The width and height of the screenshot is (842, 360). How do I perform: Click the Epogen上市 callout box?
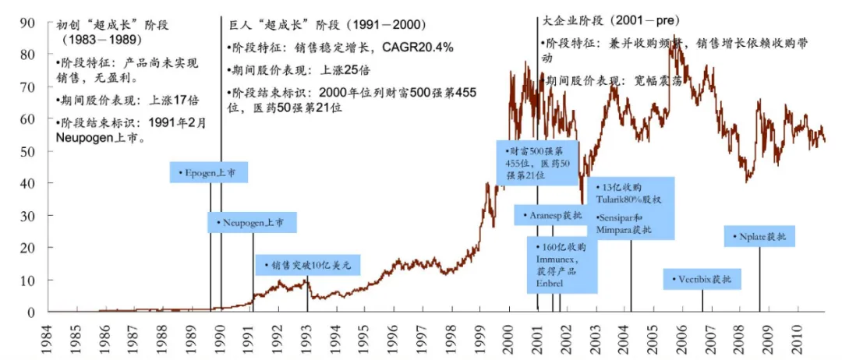click(x=203, y=172)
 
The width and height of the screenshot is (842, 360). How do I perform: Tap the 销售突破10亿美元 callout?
click(x=308, y=265)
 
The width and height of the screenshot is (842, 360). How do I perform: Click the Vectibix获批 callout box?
click(x=702, y=279)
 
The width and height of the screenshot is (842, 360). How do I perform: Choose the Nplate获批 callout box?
click(x=759, y=235)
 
